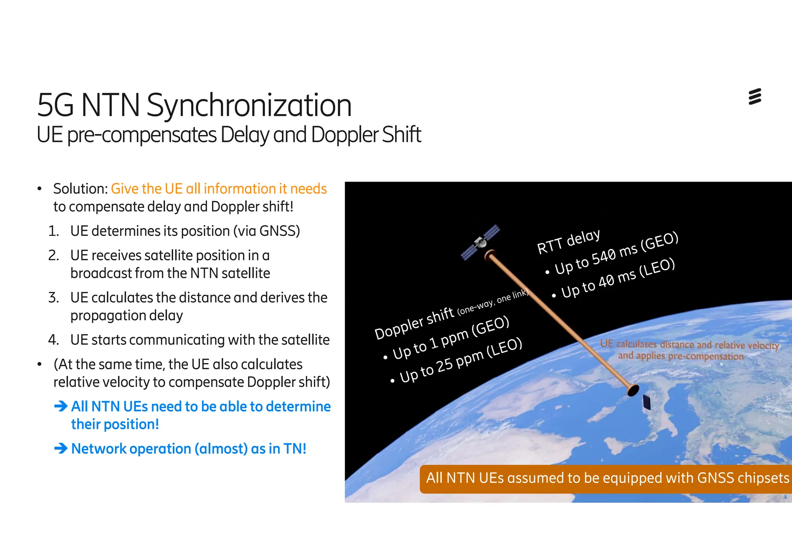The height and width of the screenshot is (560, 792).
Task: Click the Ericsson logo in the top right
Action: tap(754, 97)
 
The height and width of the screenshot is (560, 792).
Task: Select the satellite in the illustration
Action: tap(480, 243)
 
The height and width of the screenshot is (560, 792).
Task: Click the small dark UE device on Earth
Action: tap(646, 402)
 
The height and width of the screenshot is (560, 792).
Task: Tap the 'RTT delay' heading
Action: tap(568, 242)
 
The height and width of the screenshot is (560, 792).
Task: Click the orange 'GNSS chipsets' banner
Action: tap(607, 479)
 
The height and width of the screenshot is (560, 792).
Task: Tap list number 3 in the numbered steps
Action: tap(53, 298)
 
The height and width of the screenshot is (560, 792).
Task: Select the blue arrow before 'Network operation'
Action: tap(61, 449)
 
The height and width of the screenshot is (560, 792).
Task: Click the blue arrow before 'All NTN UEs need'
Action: tap(61, 406)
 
